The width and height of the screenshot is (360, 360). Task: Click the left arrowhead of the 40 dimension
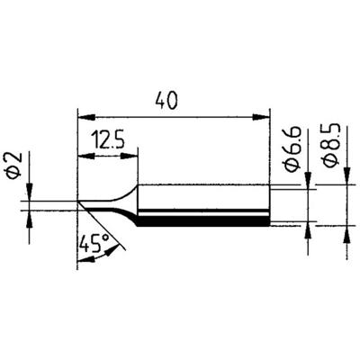84,115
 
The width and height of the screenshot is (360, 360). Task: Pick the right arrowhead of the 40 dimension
265,115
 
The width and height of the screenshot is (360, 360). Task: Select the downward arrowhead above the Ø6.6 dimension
310,184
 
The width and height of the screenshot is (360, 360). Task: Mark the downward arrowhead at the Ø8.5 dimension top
346,180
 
